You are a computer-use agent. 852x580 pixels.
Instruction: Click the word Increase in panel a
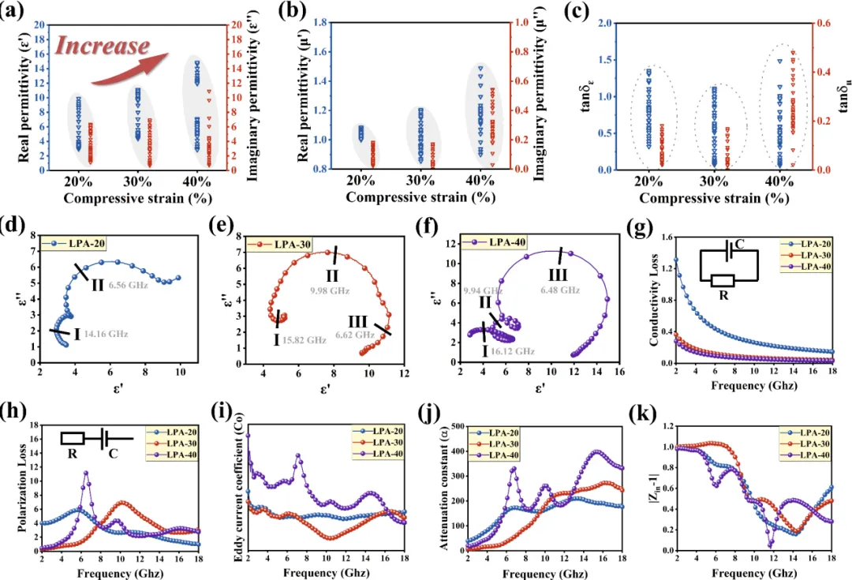101,46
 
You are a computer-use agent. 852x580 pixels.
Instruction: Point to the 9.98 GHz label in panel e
330,290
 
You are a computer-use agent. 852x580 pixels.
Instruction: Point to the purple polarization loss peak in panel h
86,473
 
